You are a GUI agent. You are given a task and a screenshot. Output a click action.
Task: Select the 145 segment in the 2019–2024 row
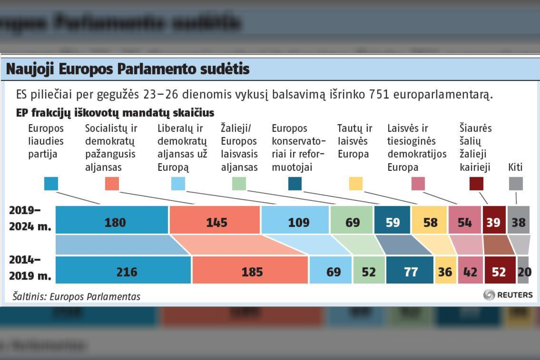coord(215,222)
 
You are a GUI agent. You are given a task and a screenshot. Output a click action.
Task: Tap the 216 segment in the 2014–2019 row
coord(124,272)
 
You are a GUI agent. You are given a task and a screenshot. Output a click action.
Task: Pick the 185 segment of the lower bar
coord(250,272)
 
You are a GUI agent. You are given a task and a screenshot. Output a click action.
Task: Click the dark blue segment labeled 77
coord(410,272)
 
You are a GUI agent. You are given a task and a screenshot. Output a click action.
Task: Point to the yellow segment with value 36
coord(445,272)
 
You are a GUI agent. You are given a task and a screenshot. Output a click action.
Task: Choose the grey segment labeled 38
coord(519,222)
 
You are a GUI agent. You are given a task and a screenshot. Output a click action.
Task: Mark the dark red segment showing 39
coord(493,222)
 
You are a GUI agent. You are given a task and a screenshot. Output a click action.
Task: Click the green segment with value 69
coord(352,222)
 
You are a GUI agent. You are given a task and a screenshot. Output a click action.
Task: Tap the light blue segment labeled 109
coord(295,222)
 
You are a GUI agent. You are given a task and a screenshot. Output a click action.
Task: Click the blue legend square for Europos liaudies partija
coord(51,184)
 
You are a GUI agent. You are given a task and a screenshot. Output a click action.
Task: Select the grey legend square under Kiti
coord(516,184)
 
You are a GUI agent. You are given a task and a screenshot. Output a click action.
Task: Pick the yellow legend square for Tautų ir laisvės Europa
coord(356,184)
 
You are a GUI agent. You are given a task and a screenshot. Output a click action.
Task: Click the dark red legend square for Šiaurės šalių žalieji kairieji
coord(476,184)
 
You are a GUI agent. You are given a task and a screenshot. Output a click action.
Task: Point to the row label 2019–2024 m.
coord(30,218)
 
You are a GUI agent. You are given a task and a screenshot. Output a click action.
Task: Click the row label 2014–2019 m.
coord(30,268)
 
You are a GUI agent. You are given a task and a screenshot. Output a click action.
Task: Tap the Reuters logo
coord(508,295)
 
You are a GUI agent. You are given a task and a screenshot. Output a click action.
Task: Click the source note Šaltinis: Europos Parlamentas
coord(76,297)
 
